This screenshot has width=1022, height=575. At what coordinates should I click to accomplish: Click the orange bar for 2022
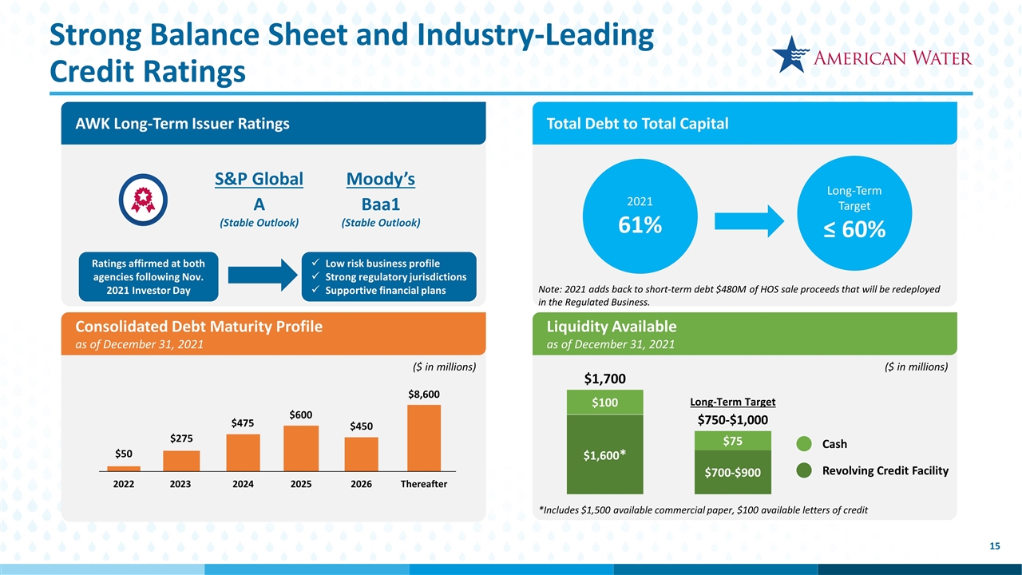tap(124, 469)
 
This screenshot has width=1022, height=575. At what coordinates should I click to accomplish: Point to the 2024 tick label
tap(243, 485)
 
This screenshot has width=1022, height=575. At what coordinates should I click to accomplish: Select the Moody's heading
tap(380, 179)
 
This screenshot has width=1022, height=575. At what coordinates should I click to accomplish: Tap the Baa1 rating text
tap(380, 203)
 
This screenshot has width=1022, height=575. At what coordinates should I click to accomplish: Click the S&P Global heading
tap(259, 179)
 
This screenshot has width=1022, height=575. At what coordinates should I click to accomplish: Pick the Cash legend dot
tap(806, 444)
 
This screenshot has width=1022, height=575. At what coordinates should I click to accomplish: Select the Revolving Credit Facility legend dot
tap(806, 471)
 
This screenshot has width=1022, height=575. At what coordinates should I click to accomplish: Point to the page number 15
tap(994, 546)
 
